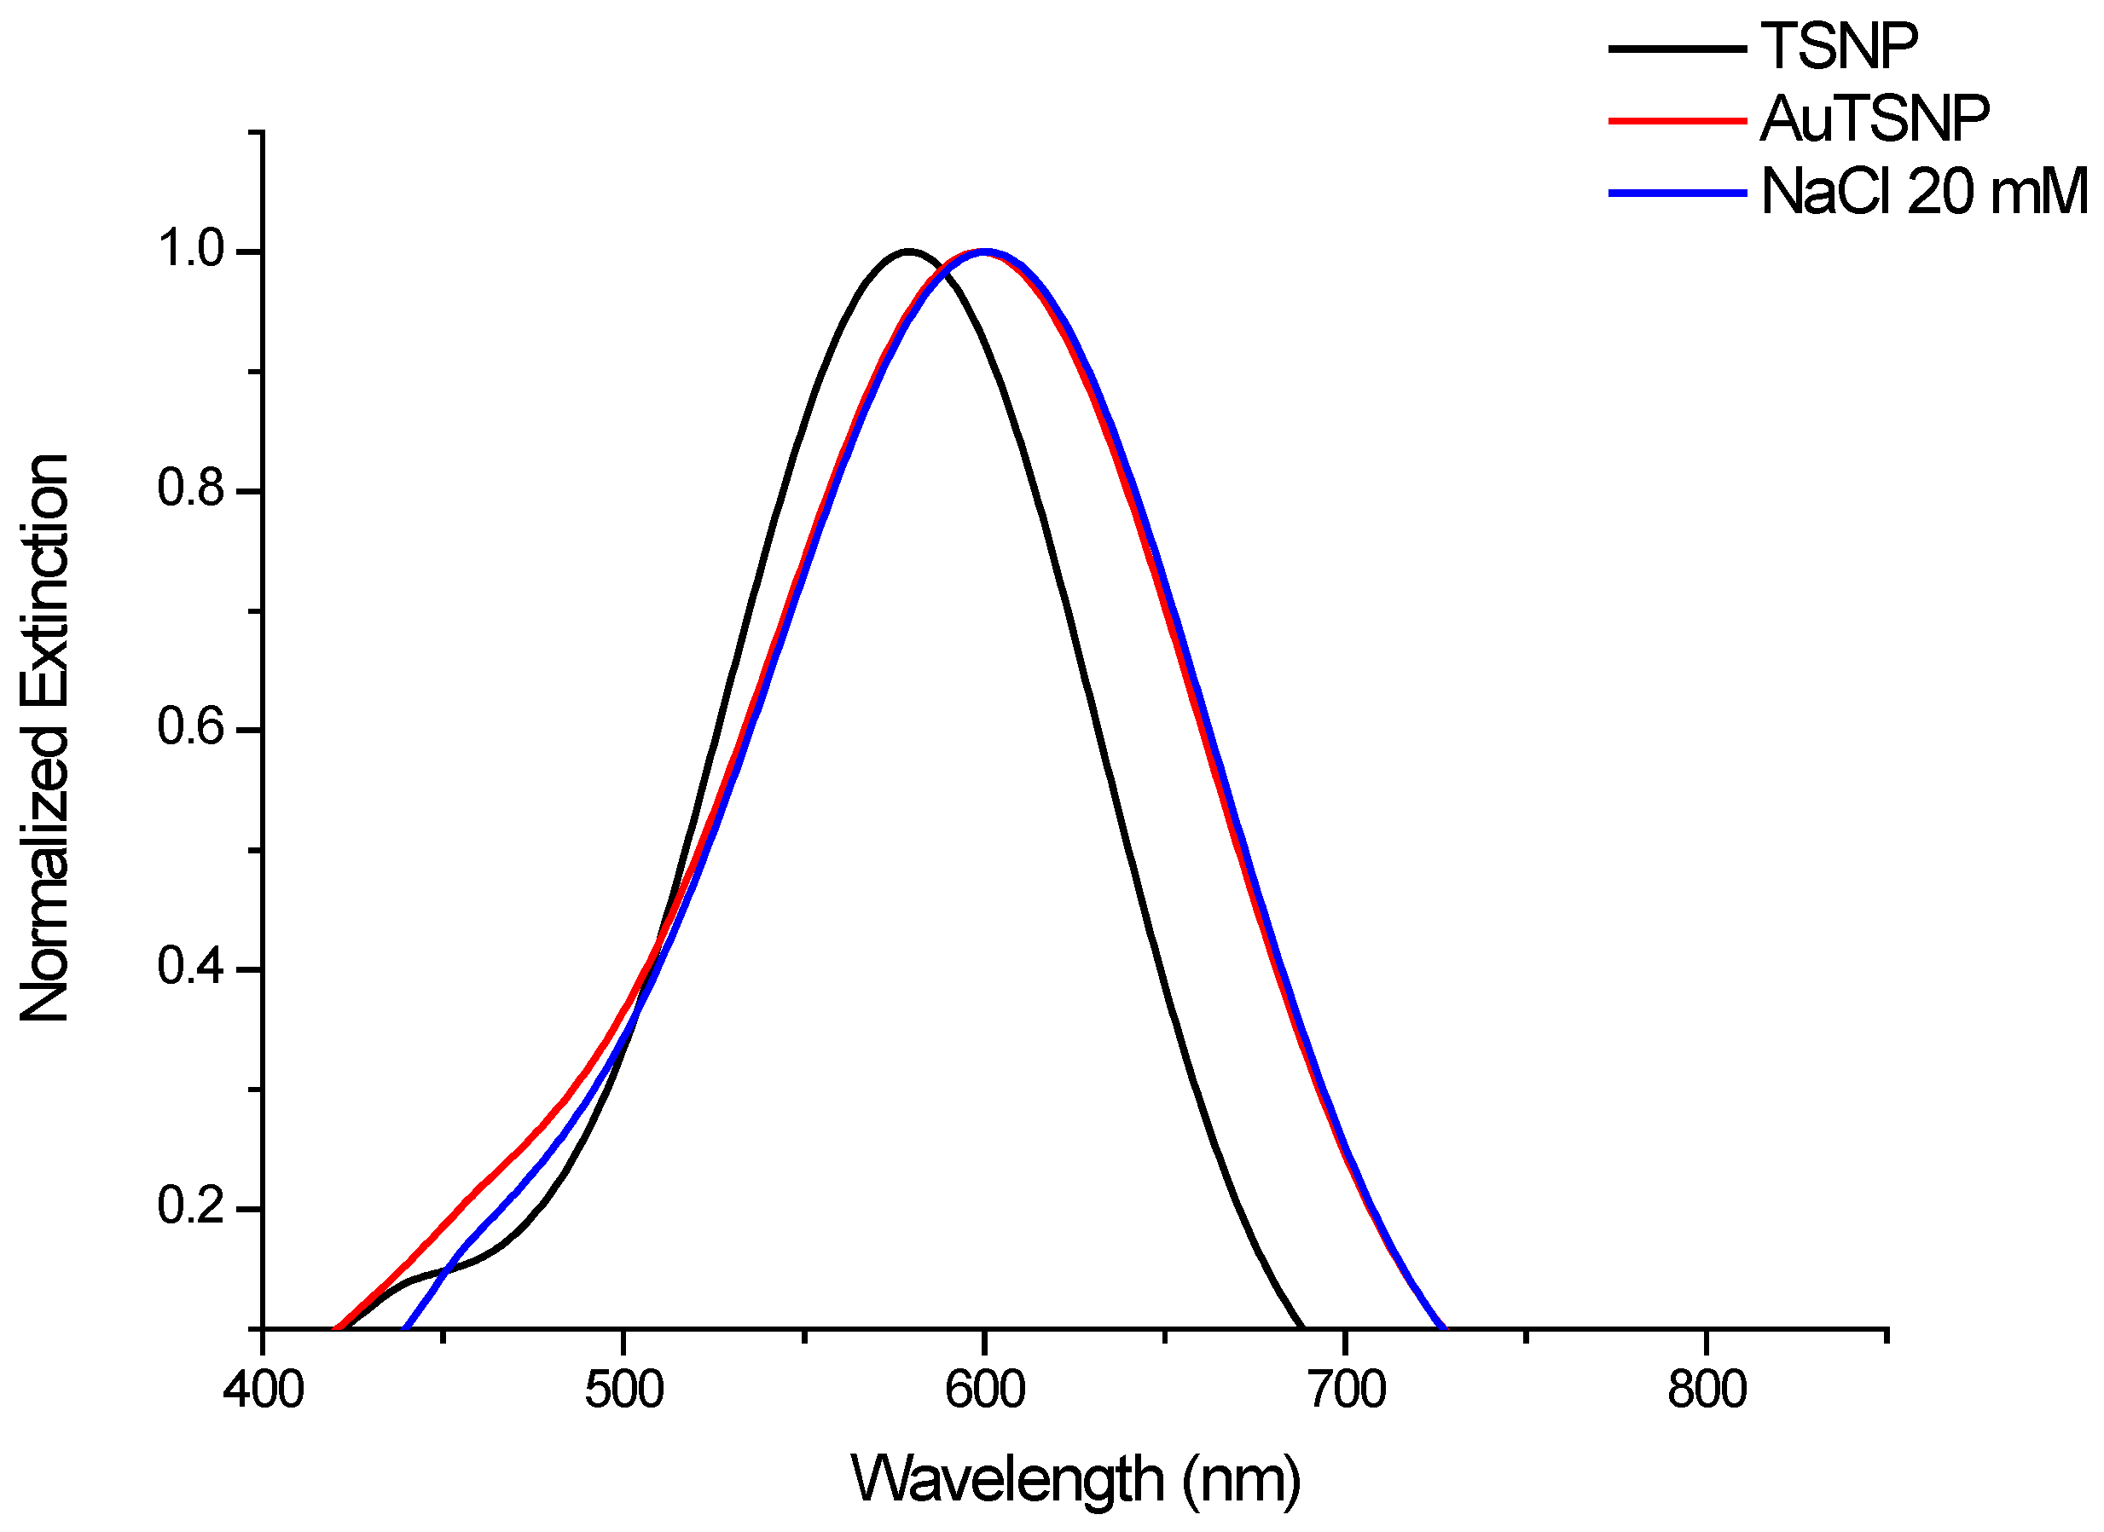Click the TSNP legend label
click(1839, 46)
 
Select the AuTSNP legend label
click(1875, 119)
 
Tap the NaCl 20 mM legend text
click(1924, 193)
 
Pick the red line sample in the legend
click(1678, 120)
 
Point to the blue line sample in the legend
click(1678, 193)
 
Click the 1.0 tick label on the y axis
click(191, 251)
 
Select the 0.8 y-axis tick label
click(191, 489)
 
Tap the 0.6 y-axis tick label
click(191, 729)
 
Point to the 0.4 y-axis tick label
click(191, 968)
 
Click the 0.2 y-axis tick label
click(191, 1207)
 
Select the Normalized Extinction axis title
click(44, 738)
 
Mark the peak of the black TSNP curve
click(908, 251)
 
